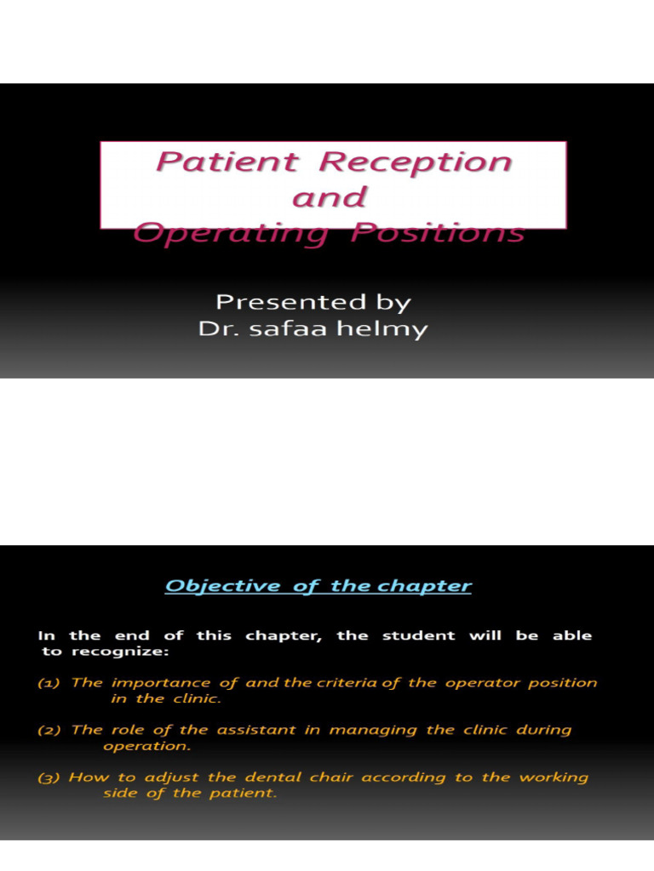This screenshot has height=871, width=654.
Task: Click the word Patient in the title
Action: pos(227,162)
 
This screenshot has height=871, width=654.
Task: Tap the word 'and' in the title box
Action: pos(330,197)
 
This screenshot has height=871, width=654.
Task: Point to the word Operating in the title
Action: pos(230,233)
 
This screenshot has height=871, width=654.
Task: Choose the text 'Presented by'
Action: pos(313,302)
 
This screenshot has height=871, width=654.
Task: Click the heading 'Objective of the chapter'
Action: pos(318,586)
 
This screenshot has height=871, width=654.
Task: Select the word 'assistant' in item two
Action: pos(230,730)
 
